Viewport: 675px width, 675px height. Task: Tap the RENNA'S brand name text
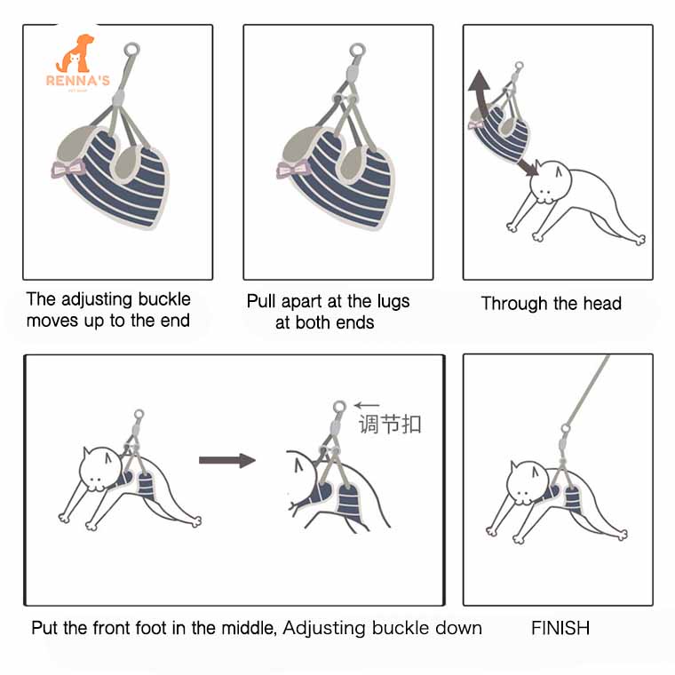[x=78, y=81]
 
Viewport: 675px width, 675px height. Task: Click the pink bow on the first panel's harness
[x=67, y=169]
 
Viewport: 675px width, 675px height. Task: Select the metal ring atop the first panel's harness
[x=131, y=50]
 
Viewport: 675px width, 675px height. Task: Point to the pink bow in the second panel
[x=294, y=169]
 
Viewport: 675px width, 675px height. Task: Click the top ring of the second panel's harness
[x=357, y=51]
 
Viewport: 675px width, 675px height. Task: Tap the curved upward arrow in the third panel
[x=480, y=97]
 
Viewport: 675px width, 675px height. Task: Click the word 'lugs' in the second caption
[x=393, y=302]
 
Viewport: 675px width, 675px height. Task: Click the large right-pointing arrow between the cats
[x=227, y=460]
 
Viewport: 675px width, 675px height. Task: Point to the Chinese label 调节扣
[x=390, y=424]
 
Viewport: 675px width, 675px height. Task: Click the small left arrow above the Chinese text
[x=367, y=405]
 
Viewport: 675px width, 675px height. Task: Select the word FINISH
[x=560, y=628]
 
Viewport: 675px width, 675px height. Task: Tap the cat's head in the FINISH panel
[x=528, y=482]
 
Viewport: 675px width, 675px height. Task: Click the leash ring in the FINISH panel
[x=566, y=428]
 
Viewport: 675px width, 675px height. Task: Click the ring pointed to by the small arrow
[x=339, y=407]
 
